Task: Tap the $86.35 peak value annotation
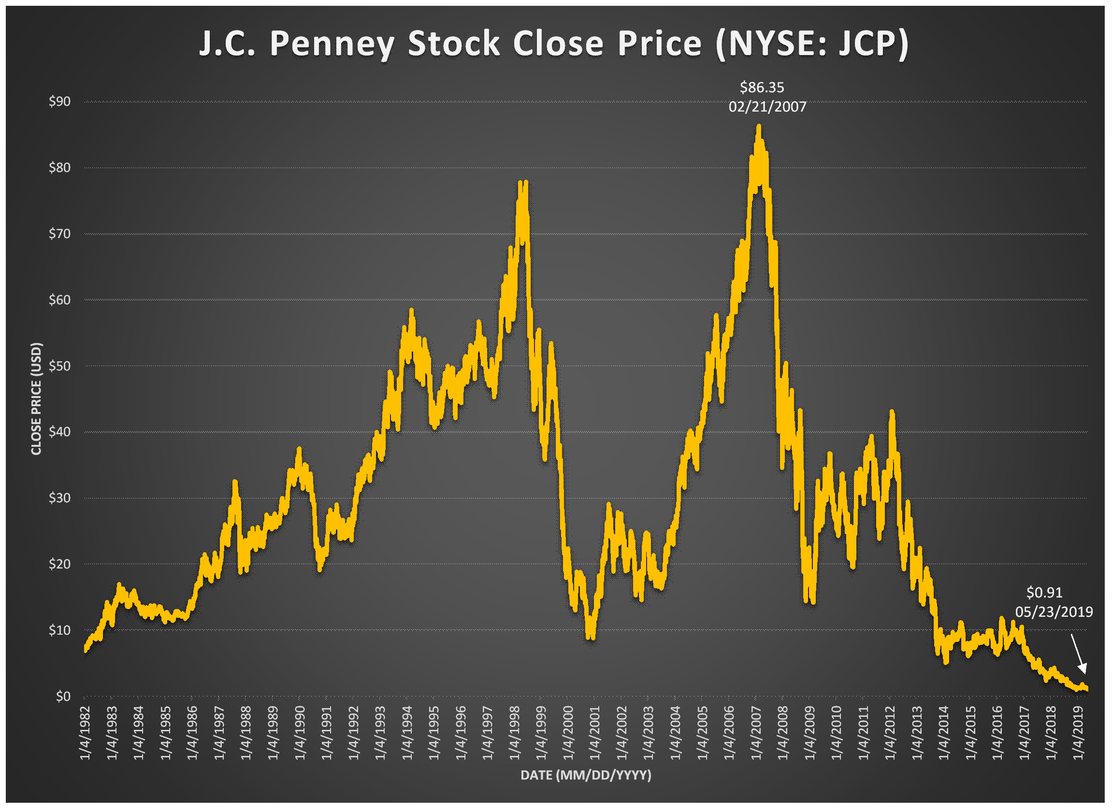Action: point(762,88)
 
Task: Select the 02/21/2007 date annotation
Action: point(767,107)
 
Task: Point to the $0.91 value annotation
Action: point(1044,593)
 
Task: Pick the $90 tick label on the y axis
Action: point(60,101)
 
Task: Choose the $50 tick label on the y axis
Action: point(60,366)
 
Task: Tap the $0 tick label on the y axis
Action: point(63,696)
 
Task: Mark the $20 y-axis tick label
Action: point(60,564)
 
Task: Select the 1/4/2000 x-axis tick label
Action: point(568,733)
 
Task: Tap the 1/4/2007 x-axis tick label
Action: point(756,733)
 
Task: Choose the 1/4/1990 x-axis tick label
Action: point(300,733)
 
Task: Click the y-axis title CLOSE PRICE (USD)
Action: point(36,398)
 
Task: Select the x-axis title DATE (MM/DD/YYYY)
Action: point(586,775)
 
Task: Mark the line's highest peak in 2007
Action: point(758,127)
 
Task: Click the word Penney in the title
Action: point(332,44)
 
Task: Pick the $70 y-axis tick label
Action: point(60,233)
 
